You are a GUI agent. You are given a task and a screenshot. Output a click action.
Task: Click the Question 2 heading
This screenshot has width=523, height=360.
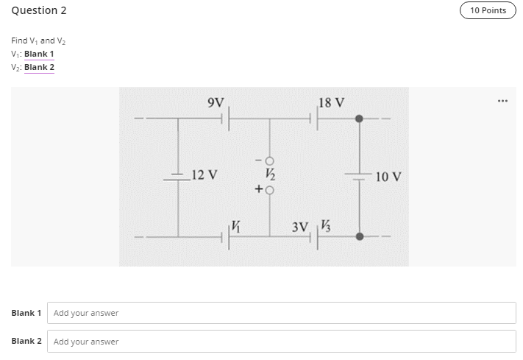coord(35,10)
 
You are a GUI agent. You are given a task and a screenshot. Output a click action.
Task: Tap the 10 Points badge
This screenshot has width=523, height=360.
coord(488,10)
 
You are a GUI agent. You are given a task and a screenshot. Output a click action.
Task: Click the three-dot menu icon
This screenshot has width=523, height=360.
coord(503,99)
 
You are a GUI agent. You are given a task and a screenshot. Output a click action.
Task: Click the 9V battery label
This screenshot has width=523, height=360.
coord(217,102)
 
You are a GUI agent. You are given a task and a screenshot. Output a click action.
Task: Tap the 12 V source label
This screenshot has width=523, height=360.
coord(204,175)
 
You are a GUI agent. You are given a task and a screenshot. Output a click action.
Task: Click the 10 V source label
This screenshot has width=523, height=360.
coord(388,177)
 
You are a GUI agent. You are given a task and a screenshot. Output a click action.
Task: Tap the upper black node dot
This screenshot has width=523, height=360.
coord(359,119)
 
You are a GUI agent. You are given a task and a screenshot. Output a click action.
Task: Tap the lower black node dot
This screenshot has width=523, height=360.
coord(359,236)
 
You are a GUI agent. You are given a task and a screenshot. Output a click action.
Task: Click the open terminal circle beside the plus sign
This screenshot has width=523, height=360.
coord(269,190)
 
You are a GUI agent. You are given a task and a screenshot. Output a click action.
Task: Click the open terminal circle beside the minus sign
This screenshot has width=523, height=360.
coord(269,160)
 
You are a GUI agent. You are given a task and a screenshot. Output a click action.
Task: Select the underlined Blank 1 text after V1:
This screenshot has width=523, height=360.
coord(39,54)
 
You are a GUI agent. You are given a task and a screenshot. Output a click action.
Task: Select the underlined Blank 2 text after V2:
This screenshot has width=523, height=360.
coord(39,67)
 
